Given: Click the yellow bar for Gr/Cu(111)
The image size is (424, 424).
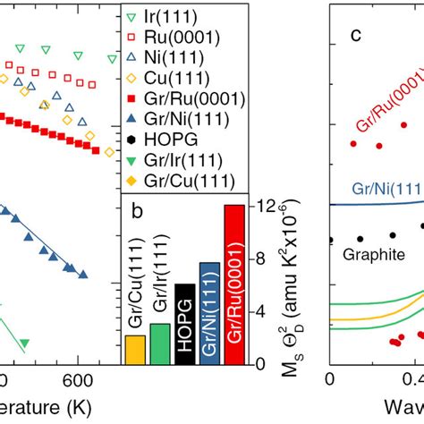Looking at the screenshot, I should (135, 349).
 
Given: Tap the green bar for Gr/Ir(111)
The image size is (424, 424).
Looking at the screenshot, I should (159, 343).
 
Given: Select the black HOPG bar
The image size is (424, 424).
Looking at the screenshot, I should (184, 323).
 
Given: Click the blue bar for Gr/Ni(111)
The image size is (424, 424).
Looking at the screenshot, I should (208, 313).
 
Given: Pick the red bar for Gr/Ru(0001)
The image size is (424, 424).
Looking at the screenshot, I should (233, 284).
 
